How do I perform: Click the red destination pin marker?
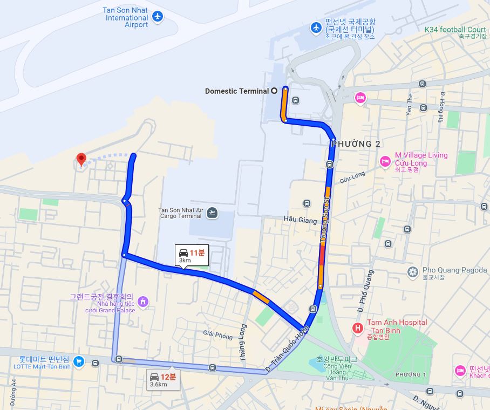point(81,159)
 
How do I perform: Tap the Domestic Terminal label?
point(236,91)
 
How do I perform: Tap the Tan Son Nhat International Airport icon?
point(158,17)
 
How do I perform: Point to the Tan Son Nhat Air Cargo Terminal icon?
point(213,213)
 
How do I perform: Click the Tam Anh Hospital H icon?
point(357,327)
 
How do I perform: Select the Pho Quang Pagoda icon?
point(413,271)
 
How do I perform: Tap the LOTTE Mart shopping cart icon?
point(79,361)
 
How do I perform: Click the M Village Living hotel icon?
point(385,161)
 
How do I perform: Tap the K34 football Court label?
point(455,30)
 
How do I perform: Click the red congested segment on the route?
point(322,257)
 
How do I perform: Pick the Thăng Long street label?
point(243,342)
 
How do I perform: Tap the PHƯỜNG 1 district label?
point(410,374)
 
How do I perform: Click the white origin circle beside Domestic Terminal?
point(274,91)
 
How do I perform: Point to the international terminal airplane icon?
point(316,27)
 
